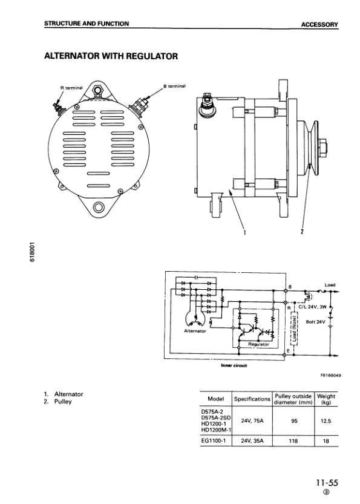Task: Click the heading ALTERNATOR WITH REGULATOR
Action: coord(111,56)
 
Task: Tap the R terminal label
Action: coord(71,87)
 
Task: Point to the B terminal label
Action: coord(174,86)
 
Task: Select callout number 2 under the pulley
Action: coord(302,231)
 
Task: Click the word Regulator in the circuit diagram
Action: coord(259,344)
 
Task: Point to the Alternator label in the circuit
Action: coord(195,331)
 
